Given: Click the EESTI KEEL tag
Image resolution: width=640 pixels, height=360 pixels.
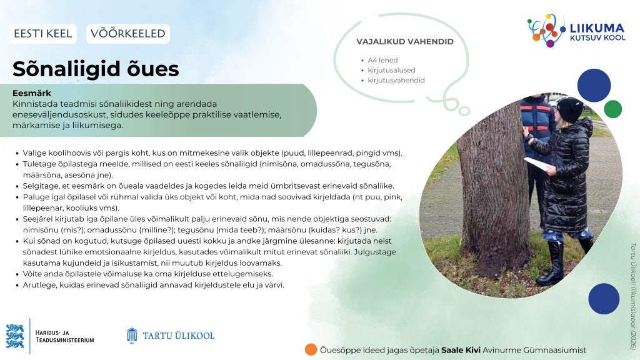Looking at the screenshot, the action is (43, 34).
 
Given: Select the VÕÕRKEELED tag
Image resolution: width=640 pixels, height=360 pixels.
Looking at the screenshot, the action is (127, 34).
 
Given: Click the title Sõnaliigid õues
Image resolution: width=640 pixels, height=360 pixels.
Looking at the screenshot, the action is (96, 69).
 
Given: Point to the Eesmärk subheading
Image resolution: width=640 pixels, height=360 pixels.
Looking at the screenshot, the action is (32, 93).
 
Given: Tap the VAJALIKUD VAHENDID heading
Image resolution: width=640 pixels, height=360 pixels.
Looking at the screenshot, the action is (405, 42).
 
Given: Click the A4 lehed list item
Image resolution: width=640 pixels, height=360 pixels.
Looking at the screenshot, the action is (382, 60).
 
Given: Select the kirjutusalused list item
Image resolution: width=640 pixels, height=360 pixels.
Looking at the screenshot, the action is (391, 70).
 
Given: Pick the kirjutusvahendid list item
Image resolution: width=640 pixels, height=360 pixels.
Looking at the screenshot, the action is (396, 81).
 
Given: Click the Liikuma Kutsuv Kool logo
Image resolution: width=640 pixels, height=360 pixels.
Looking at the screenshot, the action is (576, 31).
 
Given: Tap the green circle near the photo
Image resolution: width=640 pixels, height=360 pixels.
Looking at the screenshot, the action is (612, 109).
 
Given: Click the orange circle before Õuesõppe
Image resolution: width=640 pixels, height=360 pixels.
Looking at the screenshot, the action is (311, 350).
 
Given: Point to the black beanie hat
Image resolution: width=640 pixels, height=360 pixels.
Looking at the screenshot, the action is (570, 109).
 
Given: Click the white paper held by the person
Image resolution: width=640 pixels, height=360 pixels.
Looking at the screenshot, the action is (538, 164).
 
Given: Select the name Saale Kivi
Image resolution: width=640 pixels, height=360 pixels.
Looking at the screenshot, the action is (461, 350).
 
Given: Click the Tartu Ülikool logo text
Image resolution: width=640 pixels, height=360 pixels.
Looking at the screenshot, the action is (178, 336).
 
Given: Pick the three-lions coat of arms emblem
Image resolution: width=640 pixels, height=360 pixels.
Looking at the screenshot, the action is (15, 336).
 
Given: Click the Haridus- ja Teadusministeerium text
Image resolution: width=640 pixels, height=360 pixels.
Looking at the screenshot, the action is (64, 336).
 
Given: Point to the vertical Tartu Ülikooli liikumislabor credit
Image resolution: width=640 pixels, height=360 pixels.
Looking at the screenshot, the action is (633, 296).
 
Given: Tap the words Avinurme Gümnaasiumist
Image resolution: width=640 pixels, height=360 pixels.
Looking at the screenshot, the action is (534, 350).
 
